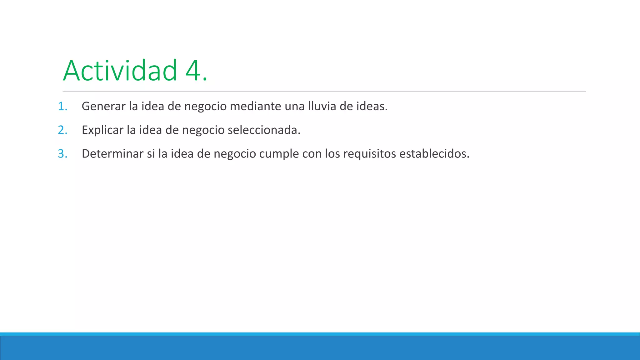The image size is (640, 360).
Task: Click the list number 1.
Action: pos(62,107)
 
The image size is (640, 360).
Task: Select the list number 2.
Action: pos(62,130)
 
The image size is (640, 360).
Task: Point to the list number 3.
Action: pos(62,154)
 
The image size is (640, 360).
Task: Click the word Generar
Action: pos(103,107)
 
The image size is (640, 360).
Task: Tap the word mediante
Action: pos(255,107)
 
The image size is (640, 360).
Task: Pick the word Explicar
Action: pos(102,130)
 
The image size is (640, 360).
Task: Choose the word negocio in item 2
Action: pos(203,130)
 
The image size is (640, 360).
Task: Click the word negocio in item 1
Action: pos(205,107)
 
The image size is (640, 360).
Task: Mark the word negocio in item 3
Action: pos(235,154)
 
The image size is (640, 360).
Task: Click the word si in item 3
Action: pos(151,154)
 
